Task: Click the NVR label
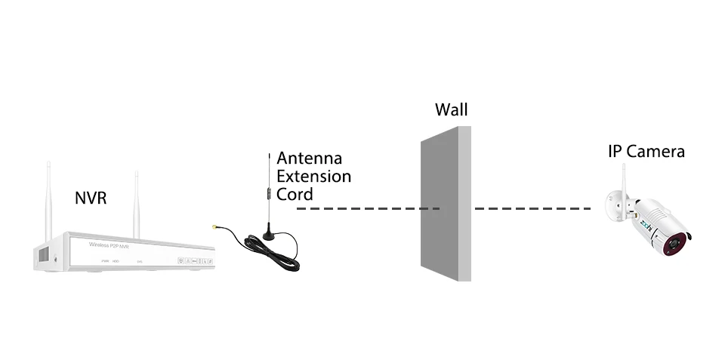tap(91, 198)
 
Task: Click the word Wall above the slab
tap(452, 109)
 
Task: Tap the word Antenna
tap(310, 158)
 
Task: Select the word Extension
tap(314, 177)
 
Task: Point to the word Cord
tap(295, 195)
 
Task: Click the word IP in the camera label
tap(615, 152)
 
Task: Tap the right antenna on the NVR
tap(137, 200)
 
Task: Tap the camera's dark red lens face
tap(679, 245)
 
